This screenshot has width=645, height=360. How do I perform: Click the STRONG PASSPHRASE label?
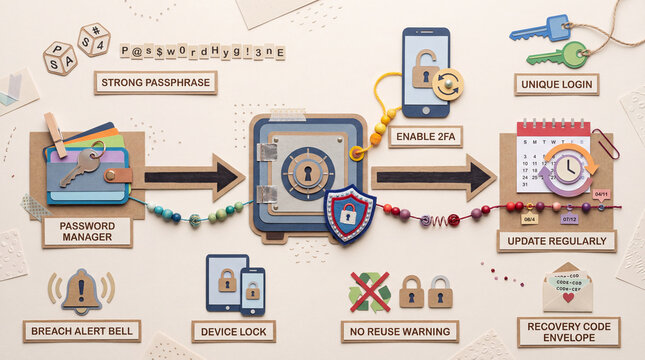pyautogui.click(x=155, y=82)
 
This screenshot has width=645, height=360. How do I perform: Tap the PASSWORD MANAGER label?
pyautogui.click(x=87, y=232)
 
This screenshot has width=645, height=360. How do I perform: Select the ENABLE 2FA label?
pyautogui.click(x=425, y=136)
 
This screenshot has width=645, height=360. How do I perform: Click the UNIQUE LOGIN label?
pyautogui.click(x=556, y=84)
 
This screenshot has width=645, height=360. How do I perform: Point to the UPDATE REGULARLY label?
pyautogui.click(x=556, y=241)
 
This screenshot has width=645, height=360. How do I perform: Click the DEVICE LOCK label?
pyautogui.click(x=233, y=331)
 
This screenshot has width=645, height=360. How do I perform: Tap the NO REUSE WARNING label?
pyautogui.click(x=399, y=331)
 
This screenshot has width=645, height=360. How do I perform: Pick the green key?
pyautogui.click(x=559, y=54)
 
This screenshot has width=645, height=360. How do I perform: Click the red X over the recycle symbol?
pyautogui.click(x=369, y=291)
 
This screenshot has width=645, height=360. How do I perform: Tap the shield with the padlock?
pyautogui.click(x=349, y=213)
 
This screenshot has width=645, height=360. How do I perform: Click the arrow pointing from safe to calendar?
pyautogui.click(x=435, y=177)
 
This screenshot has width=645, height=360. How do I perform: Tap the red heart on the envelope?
pyautogui.click(x=567, y=298)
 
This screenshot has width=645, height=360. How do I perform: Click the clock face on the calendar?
pyautogui.click(x=567, y=168)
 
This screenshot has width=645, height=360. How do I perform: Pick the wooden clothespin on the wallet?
pyautogui.click(x=56, y=133)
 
